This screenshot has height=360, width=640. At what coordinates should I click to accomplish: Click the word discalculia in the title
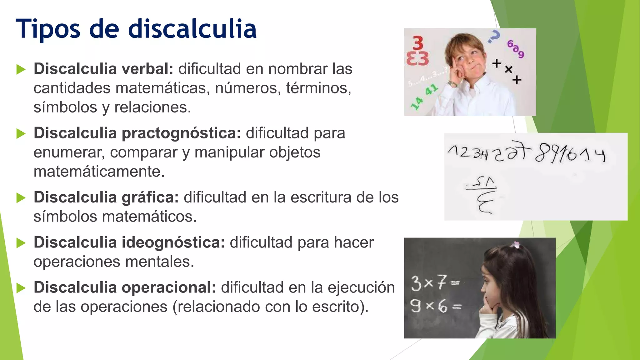192,29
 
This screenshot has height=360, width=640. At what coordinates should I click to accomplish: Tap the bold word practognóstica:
181,133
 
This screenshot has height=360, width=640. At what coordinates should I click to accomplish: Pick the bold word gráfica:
150,197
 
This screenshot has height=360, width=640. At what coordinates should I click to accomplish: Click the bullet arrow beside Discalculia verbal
21,69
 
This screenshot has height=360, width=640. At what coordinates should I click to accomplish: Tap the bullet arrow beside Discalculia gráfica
21,198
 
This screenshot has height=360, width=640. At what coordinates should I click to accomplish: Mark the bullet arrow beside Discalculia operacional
21,288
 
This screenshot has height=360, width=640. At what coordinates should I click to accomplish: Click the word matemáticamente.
99,172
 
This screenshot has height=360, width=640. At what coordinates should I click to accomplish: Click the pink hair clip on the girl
515,245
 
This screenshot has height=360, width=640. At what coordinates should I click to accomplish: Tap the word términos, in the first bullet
318,88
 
